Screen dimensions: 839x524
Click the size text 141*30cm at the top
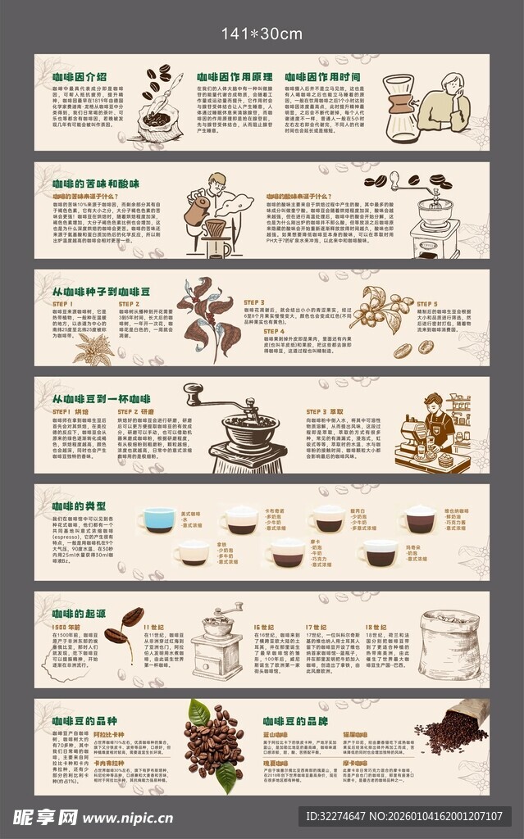tap(262, 33)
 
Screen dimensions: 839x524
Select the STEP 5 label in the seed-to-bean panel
tap(426, 303)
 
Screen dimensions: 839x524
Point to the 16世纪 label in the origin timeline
tap(264, 627)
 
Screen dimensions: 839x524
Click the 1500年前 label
tap(65, 627)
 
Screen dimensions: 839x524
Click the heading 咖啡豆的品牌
tap(296, 720)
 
